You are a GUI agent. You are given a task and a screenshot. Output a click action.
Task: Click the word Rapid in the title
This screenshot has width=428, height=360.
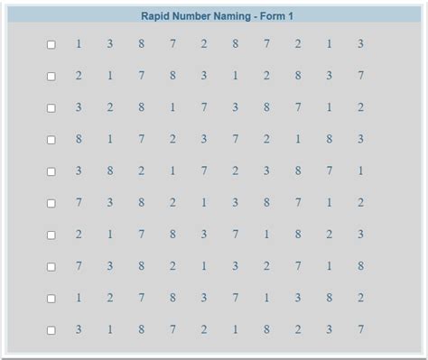coord(158,15)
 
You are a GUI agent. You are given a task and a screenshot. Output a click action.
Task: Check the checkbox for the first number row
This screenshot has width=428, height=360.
coord(51,44)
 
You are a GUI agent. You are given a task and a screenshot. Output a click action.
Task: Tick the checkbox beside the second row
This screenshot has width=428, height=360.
coord(51,77)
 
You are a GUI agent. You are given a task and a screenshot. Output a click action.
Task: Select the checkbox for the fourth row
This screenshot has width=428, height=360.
coord(51,140)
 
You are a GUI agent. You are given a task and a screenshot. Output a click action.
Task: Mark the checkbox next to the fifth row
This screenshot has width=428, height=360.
coord(51,171)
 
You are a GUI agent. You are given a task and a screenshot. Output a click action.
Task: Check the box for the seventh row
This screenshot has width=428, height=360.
coord(51,235)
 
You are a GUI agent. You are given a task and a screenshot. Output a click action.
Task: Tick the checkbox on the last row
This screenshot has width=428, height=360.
coord(51,330)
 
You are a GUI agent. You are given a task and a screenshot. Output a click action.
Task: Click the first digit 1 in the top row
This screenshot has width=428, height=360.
coord(79,43)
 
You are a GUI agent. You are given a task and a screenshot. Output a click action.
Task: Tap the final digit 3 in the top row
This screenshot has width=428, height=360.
coord(360,43)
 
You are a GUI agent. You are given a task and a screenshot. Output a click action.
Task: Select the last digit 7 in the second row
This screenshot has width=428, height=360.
coord(360,76)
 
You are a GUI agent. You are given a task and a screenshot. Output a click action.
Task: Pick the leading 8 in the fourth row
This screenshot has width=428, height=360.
coord(79,139)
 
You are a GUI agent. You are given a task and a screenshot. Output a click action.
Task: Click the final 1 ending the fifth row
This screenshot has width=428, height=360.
coord(360,171)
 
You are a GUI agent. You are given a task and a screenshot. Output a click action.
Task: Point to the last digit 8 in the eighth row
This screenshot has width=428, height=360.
coord(360,266)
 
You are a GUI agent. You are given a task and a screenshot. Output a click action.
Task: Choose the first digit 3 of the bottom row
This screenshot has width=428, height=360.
coord(79,329)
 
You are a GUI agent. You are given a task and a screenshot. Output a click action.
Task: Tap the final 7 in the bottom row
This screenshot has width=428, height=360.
coord(360,329)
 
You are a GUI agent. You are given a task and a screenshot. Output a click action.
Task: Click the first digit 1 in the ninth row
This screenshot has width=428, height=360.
coord(79,298)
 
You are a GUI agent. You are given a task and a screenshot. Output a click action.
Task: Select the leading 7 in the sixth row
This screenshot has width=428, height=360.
coord(79,202)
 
